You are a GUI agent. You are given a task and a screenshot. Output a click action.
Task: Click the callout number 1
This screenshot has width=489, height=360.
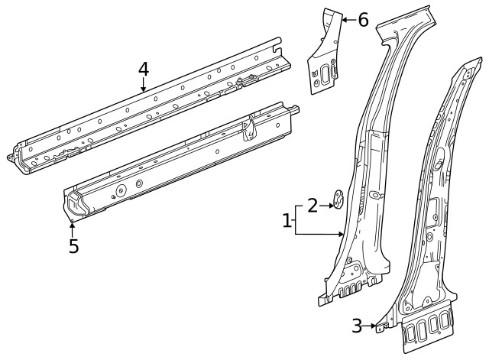(287, 222)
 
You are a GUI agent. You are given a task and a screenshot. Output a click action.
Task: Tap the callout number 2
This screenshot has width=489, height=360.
(313, 205)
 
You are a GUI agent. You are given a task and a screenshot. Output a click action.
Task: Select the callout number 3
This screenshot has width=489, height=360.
(357, 326)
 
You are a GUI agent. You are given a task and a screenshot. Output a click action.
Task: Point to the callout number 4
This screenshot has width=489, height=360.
(143, 70)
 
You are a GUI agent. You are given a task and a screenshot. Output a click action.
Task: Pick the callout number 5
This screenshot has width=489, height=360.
(73, 247)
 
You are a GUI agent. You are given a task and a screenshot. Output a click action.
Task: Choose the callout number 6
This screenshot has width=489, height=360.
(363, 20)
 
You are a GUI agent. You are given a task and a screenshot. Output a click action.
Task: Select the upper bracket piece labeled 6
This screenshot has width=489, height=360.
(324, 54)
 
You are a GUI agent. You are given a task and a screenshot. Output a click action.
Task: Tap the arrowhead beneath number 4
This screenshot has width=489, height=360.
(143, 89)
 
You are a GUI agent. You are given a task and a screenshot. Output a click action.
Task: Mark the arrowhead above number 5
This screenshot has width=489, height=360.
(73, 225)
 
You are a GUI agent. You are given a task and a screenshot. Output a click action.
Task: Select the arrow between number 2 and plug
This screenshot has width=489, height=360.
(326, 205)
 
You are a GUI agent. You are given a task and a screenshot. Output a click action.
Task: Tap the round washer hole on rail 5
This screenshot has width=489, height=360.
(121, 191)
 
